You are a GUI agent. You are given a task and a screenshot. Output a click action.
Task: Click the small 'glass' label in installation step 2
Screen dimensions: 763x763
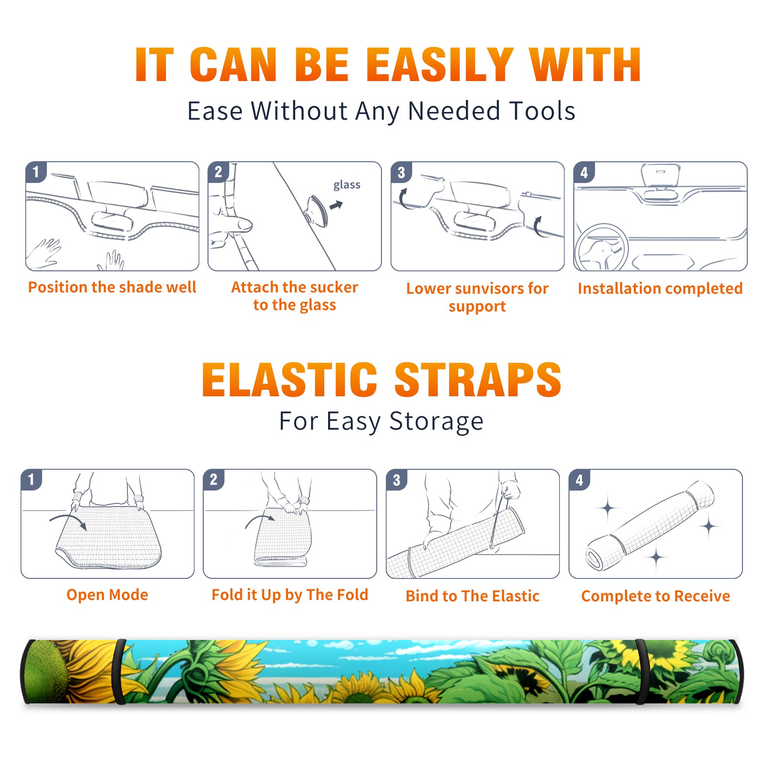click(347, 185)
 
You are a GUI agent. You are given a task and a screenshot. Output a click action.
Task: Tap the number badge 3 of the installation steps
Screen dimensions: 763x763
click(401, 172)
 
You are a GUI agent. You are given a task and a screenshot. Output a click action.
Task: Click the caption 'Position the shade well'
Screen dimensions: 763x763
click(112, 287)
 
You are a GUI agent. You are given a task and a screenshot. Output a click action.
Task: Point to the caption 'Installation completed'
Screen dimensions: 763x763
click(660, 289)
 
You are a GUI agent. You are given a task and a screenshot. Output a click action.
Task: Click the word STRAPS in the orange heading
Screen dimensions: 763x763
click(478, 380)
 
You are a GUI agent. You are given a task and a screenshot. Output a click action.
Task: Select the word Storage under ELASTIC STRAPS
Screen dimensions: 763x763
click(436, 422)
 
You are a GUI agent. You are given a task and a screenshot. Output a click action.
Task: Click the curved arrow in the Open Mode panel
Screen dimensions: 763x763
click(68, 520)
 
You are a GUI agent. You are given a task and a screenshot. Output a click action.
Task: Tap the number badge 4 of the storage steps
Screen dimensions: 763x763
click(579, 480)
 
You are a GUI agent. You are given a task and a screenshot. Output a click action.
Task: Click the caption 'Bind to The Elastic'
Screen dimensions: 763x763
click(473, 596)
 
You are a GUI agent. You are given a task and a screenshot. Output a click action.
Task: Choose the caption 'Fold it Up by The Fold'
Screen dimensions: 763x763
click(290, 595)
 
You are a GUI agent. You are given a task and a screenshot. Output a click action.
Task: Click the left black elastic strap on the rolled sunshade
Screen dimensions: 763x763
click(119, 671)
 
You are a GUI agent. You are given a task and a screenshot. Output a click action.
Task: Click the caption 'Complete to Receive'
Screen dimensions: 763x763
click(656, 596)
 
